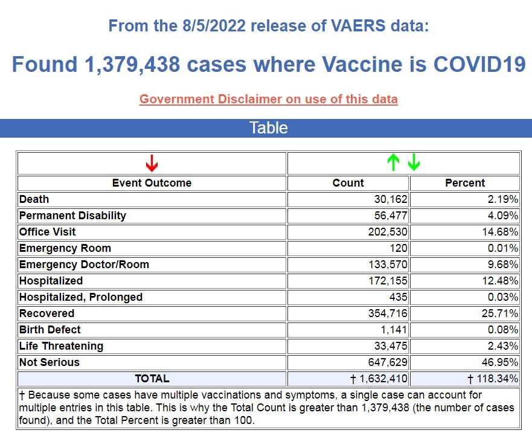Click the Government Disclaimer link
point(268,99)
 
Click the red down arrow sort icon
point(152,163)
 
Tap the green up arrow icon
point(393,162)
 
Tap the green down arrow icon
point(414,162)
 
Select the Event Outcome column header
point(152,183)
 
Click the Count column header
point(348,183)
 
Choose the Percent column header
point(465,183)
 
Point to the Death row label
point(34,199)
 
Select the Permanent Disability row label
point(72,216)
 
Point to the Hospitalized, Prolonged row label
point(81,297)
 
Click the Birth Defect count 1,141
point(394,330)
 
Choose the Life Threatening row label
point(61,346)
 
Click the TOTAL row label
point(152,379)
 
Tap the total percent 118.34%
point(495,379)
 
